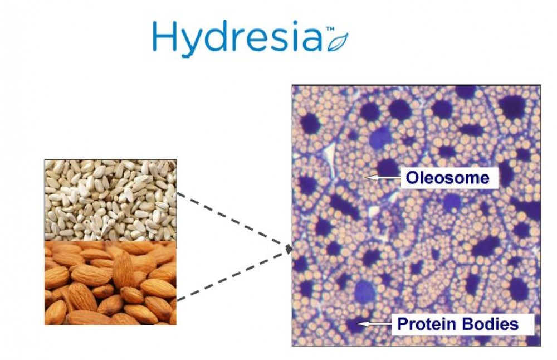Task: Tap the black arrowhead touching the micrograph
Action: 289,248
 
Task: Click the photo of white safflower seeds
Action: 110,200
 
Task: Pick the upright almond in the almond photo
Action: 123,270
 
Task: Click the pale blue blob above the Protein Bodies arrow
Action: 365,291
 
